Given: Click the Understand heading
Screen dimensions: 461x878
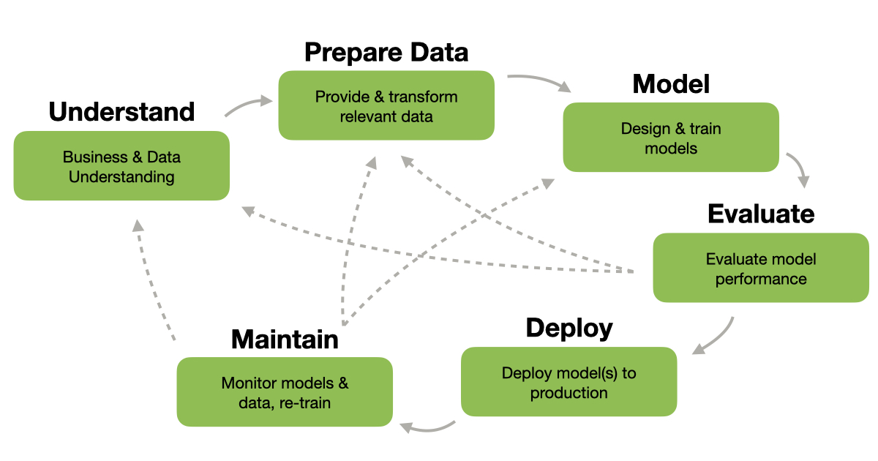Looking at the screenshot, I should point(121,112).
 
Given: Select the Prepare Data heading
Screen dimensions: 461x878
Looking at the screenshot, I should point(386,53).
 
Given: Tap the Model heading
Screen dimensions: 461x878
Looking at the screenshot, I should point(671,84).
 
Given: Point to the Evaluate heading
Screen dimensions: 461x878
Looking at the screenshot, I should point(761,214).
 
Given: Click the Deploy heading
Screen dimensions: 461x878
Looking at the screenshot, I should point(569,328).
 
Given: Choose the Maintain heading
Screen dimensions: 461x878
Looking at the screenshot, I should point(285,340).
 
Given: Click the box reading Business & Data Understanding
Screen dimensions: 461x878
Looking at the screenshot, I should point(121,166).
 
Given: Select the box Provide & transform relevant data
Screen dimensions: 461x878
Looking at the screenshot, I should point(386,106).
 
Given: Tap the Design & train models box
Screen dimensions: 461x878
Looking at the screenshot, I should point(671,138).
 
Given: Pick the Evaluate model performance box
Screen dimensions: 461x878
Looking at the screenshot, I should point(761,268).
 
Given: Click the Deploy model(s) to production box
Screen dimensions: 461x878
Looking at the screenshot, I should point(569,382).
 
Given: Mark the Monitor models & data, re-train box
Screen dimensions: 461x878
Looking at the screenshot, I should point(285,392).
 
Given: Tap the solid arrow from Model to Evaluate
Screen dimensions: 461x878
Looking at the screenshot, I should point(800,169).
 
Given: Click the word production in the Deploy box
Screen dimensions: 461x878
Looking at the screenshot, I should point(569,393).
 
